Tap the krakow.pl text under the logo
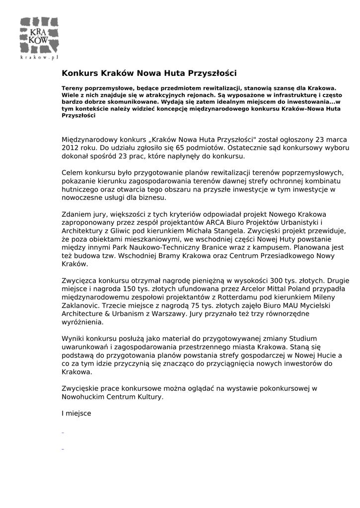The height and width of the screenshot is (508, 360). coord(40,58)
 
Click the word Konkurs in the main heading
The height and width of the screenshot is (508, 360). coord(79,73)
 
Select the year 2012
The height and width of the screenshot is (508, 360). coord(70,148)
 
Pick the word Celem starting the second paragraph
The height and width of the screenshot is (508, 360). coord(72,173)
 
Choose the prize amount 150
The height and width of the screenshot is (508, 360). coord(128,289)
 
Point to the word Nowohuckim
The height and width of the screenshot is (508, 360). coord(84,397)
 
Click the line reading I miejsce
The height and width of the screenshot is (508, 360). coord(76,413)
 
